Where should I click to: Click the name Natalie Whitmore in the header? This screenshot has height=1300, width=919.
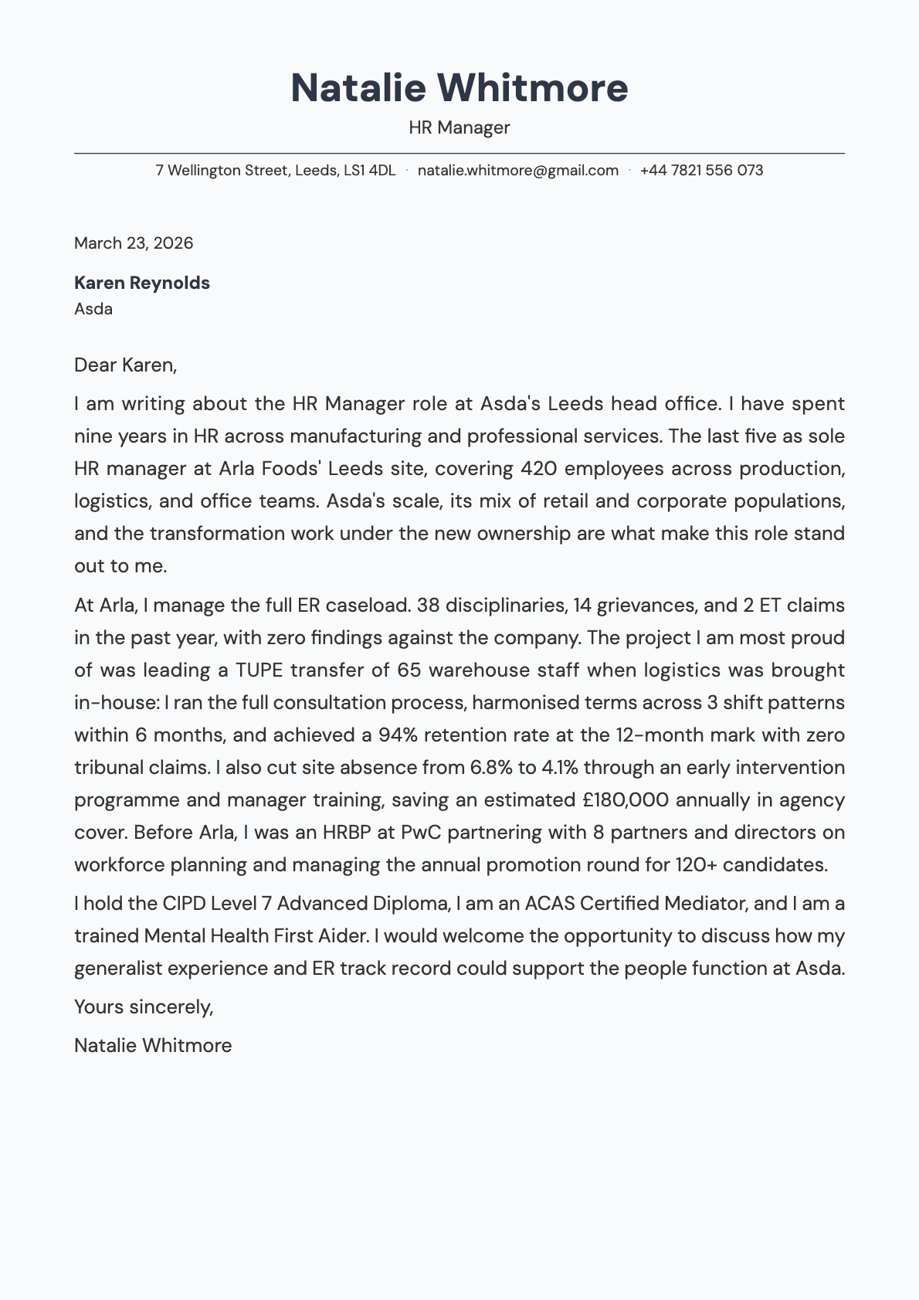coord(459,87)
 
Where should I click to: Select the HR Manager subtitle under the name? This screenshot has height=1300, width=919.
coord(459,127)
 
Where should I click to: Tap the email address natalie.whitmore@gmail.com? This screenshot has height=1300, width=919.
coord(517,170)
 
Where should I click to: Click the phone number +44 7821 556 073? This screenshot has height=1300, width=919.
coord(701,170)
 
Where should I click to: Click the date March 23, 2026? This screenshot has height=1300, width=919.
coord(134,243)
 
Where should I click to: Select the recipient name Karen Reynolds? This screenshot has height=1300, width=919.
coord(142,283)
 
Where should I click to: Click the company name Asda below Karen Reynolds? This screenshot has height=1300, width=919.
coord(93,309)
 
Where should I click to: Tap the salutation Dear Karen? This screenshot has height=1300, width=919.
coord(125,365)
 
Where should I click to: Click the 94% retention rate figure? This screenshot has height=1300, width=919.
coord(398,735)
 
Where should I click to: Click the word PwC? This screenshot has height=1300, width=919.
coord(422,833)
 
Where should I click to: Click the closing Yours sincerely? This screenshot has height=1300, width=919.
coord(144,1007)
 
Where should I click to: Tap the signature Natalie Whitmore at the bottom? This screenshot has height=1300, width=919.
coord(153,1046)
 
